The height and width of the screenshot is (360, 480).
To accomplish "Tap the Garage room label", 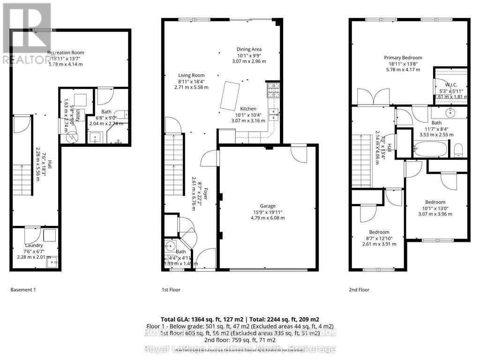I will tap(268, 206).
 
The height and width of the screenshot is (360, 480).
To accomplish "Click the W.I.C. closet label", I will tap(450, 85).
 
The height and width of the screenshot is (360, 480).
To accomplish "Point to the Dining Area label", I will tap(249, 49).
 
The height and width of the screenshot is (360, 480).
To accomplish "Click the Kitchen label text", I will tap(248, 109).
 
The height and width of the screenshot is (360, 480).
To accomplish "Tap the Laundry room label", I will tap(34, 245).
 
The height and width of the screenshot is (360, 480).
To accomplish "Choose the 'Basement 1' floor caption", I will tap(23, 290).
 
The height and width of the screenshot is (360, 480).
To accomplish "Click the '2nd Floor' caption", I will tap(359, 290).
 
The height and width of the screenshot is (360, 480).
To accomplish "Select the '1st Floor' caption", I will tap(170, 290).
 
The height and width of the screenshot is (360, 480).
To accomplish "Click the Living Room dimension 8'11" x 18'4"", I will tap(191, 81).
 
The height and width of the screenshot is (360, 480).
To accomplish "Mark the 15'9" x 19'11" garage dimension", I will tap(268, 212).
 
